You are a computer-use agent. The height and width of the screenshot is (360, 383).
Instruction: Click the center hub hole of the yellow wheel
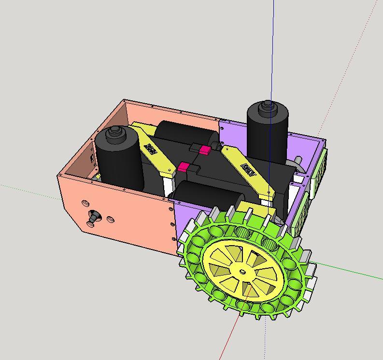241,272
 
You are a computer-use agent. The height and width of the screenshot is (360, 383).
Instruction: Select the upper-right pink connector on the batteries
205,150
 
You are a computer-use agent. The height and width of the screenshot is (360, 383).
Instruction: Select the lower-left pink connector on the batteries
184,167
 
